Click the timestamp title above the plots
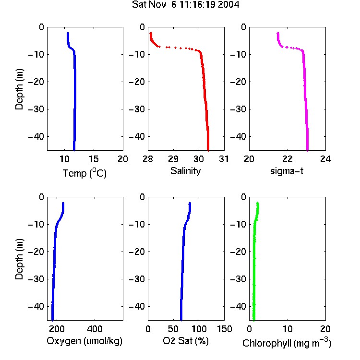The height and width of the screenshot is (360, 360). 185,5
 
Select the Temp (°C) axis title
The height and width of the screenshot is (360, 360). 84,173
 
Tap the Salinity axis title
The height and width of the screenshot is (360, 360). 185,171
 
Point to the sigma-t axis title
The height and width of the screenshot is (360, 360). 287,171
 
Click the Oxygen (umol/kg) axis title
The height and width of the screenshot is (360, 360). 84,341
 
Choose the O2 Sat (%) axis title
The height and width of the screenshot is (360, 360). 186,341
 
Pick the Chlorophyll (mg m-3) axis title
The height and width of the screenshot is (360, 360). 287,343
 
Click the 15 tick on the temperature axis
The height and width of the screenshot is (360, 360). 94,159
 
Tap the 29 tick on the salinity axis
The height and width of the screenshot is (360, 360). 173,159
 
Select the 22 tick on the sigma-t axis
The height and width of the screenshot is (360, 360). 287,159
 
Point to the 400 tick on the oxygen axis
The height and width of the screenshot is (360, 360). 95,329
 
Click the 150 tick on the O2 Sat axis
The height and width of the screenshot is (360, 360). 224,329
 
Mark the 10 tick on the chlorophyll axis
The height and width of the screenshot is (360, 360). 287,329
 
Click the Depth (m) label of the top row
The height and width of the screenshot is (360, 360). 19,89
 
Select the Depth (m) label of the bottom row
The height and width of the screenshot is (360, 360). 19,259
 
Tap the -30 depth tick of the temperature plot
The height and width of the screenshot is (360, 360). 36,109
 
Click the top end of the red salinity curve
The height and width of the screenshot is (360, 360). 151,33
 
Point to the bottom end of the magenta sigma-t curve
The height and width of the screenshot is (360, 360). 307,150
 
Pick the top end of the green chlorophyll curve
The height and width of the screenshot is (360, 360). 258,203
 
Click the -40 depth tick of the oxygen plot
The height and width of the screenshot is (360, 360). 36,306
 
